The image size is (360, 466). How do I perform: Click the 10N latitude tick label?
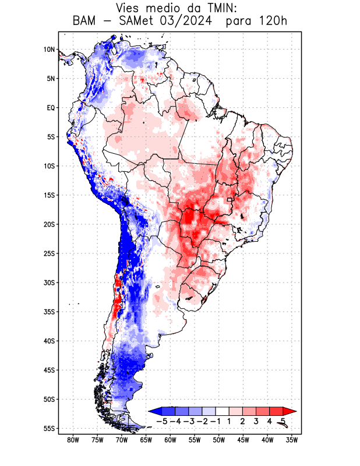(49, 50)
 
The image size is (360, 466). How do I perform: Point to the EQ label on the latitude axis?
(51, 108)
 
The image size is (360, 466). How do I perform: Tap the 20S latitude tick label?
(49, 224)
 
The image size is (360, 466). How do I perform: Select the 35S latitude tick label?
(49, 312)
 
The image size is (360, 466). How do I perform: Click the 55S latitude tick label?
(49, 428)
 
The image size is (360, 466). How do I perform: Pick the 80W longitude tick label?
(73, 440)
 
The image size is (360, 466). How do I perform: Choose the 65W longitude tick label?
(146, 440)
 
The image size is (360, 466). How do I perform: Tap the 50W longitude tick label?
(219, 440)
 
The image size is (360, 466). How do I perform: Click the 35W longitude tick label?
(292, 440)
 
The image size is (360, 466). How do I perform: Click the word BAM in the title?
(87, 22)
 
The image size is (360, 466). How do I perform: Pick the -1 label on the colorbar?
(216, 421)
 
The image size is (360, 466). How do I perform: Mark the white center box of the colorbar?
(222, 411)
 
